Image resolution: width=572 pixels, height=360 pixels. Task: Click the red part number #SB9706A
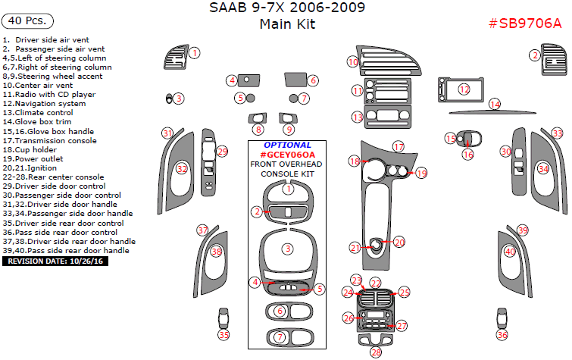pos(525,23)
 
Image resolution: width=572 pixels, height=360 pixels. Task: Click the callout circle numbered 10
pos(352,62)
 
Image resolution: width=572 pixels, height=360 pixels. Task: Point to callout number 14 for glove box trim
pos(495,105)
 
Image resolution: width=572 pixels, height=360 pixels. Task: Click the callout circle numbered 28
pos(376,352)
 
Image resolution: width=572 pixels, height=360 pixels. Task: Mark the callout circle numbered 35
pos(223,334)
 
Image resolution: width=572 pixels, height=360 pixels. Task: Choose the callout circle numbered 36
pos(502,334)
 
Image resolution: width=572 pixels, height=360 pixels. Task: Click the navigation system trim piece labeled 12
pos(464,90)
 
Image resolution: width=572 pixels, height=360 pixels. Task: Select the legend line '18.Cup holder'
pos(31,149)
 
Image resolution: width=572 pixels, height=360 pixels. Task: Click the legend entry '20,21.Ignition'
pos(30,167)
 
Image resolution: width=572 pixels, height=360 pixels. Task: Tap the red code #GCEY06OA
pos(287,154)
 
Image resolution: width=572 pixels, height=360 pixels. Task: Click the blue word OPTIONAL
pos(287,145)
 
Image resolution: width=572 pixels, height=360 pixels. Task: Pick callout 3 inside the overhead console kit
pos(288,249)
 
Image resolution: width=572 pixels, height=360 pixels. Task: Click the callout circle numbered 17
pos(399,146)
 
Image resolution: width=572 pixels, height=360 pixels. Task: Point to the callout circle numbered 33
pos(557,133)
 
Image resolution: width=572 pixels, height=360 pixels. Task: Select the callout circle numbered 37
pos(202,230)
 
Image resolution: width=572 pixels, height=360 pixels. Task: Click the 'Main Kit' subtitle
pos(287,24)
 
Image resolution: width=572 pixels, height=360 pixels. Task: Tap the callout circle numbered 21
pos(355,248)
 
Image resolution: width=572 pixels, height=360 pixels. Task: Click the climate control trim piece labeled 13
pos(387,117)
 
